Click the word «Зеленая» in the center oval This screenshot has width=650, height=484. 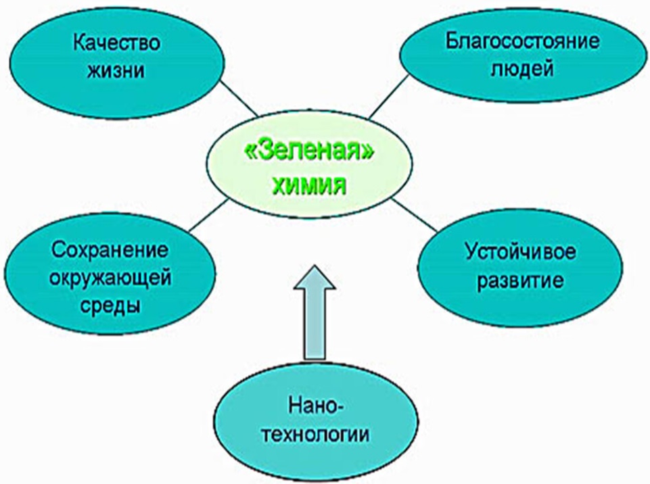coord(310,153)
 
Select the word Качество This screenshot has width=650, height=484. coord(116,43)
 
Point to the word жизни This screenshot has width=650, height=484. coord(116,70)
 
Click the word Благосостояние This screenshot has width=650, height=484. coord(522,41)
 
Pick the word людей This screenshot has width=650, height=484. coord(522,69)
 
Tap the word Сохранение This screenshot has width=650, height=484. coord(110,250)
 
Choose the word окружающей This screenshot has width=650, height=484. coord(110,278)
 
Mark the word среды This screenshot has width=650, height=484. coord(110,306)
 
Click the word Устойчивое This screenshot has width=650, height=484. coord(520,252)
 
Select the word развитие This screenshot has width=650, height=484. coord(520,281)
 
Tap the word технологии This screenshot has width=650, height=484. coord(316,435)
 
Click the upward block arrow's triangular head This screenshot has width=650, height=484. coord(315,278)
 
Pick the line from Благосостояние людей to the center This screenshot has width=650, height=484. coord(388,97)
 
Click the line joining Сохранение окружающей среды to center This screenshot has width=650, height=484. coord(209,215)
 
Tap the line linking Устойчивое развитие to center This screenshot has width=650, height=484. coord(414,215)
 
